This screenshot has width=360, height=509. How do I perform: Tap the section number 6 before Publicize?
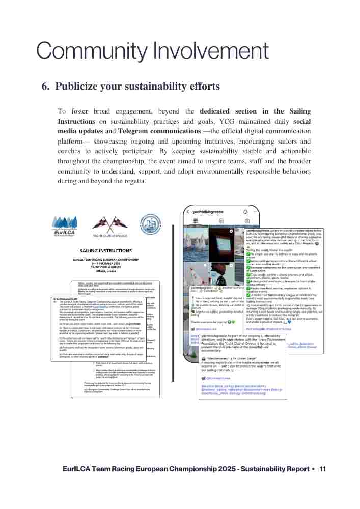[x=45, y=87]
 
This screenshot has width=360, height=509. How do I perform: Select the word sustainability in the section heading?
[x=161, y=87]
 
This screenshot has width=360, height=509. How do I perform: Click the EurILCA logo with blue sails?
[x=65, y=225]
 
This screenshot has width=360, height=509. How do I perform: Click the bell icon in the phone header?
[x=245, y=211]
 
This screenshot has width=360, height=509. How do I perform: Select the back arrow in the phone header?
[x=188, y=211]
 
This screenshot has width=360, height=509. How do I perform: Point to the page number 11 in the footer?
[x=323, y=469]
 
